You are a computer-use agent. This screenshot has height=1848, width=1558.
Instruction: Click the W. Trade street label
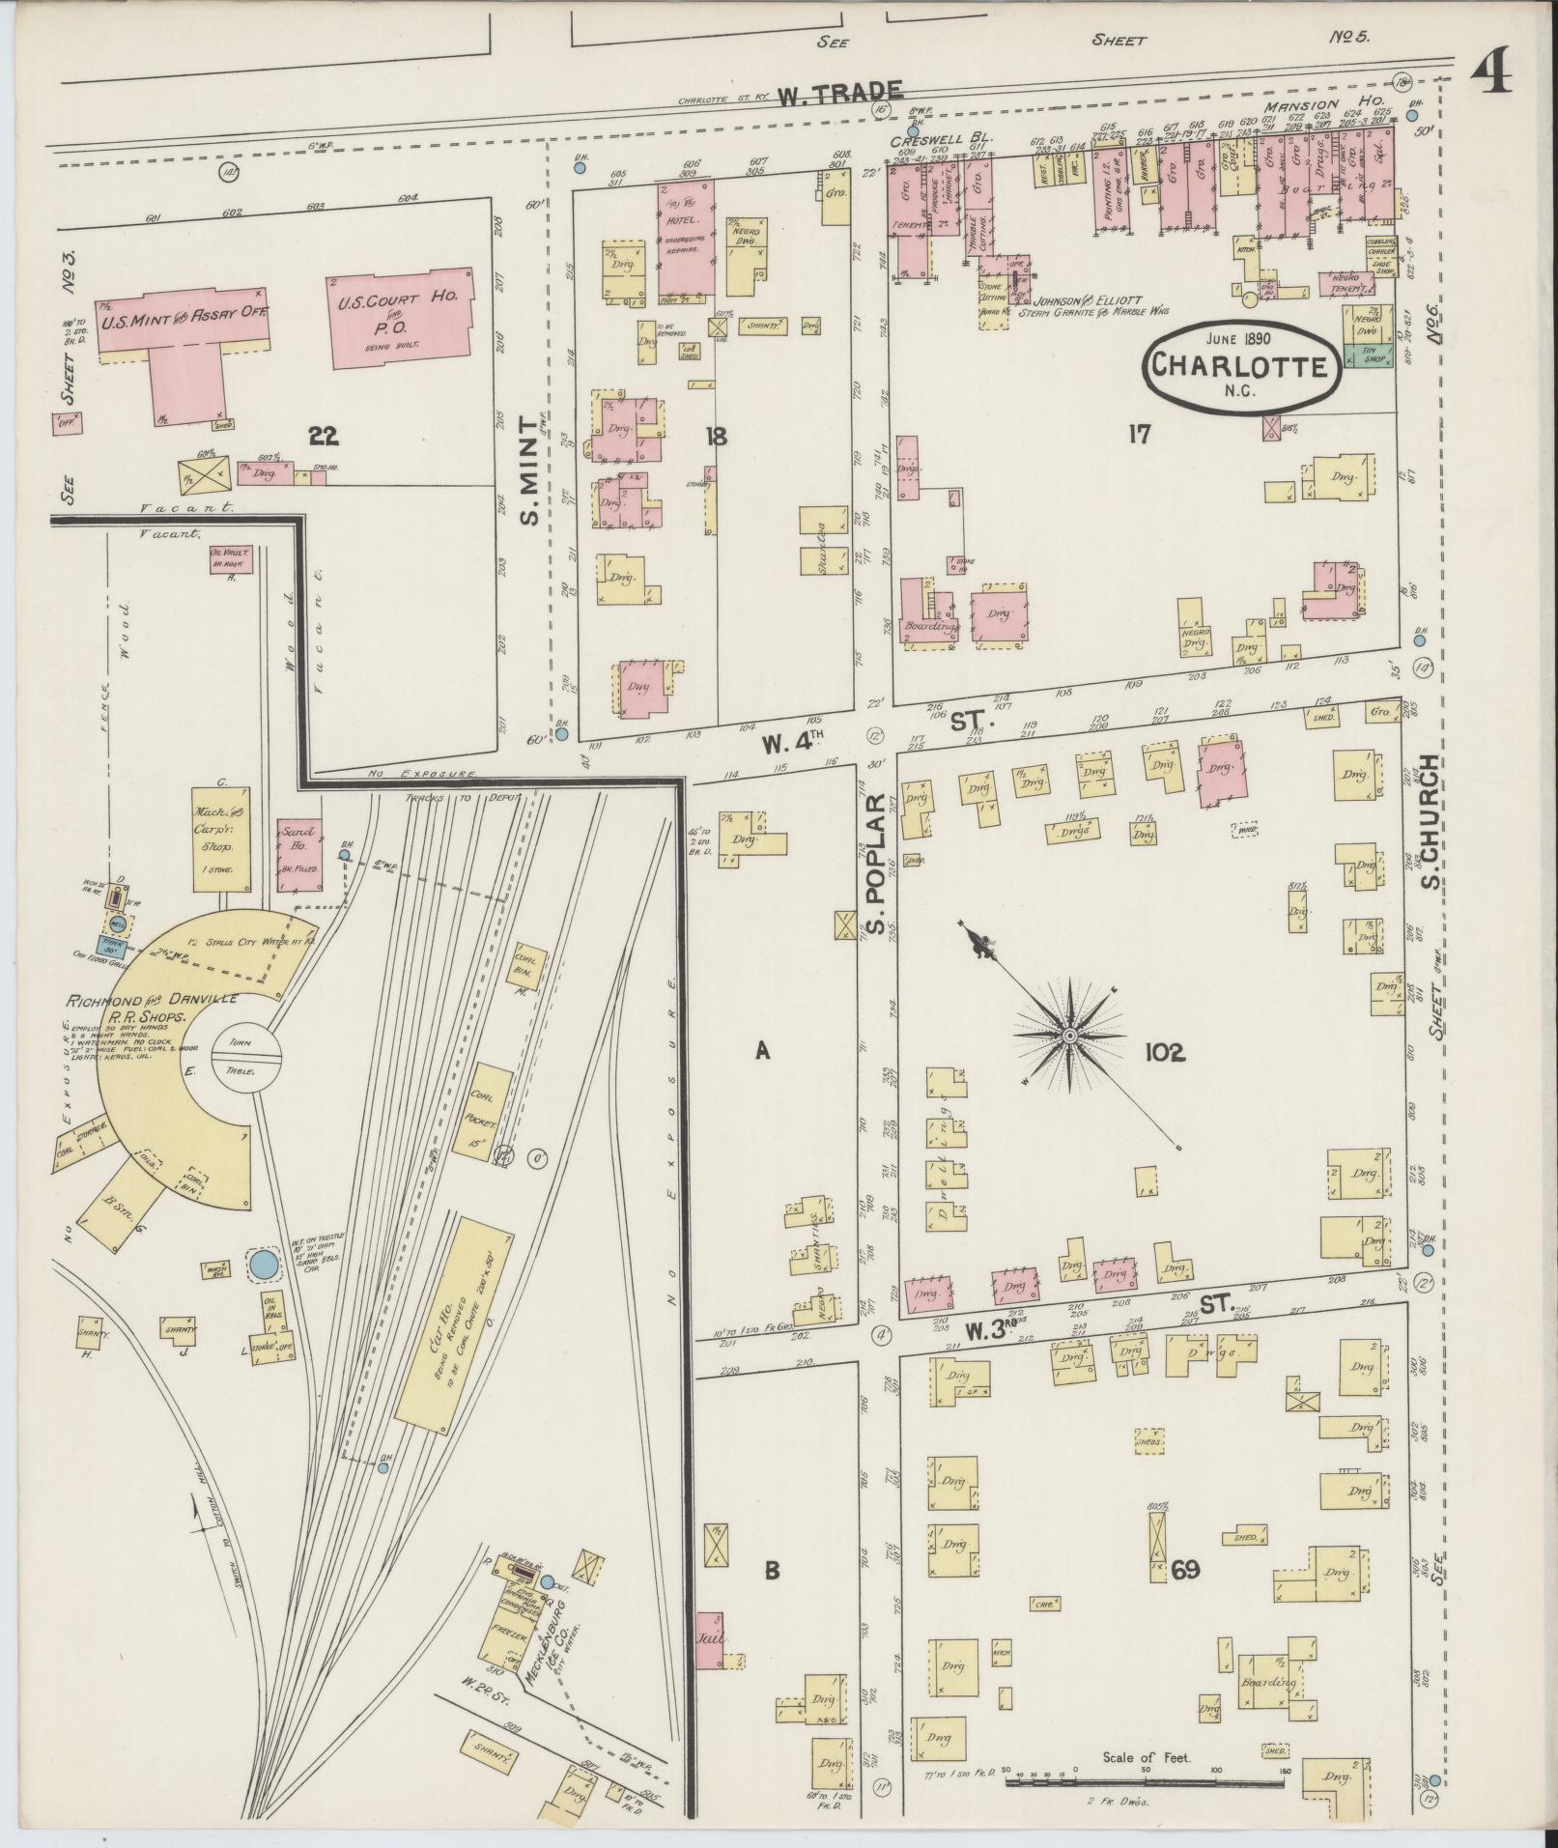pyautogui.click(x=840, y=94)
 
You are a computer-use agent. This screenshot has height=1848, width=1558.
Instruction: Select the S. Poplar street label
pyautogui.click(x=874, y=850)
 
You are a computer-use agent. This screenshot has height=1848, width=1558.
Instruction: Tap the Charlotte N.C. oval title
pyautogui.click(x=1242, y=364)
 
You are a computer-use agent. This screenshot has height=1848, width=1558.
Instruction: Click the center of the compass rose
pyautogui.click(x=1069, y=1036)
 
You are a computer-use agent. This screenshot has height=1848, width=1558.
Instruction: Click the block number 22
pyautogui.click(x=322, y=437)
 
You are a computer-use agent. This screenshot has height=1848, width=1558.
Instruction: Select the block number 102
pyautogui.click(x=1164, y=1052)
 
